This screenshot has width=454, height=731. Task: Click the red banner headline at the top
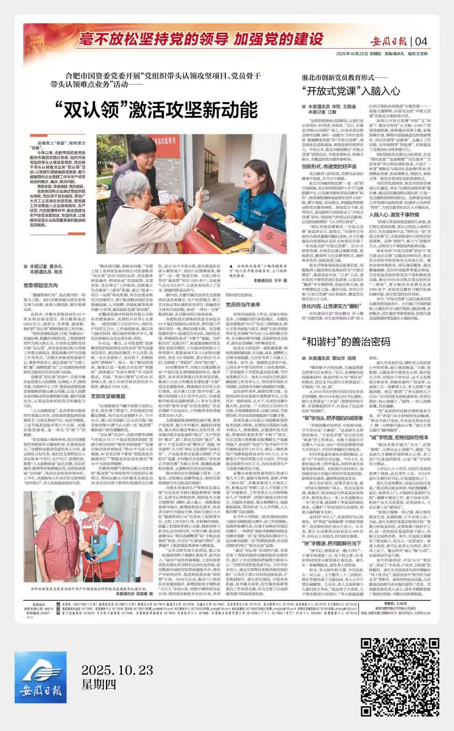(x=201, y=39)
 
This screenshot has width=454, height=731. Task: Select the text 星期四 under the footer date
(x=99, y=684)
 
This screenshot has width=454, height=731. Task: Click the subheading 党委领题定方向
(x=41, y=286)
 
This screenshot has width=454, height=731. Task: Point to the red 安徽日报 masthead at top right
(x=390, y=41)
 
